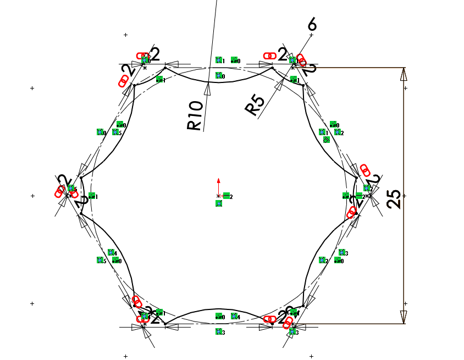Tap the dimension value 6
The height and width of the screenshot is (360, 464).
[x=312, y=24]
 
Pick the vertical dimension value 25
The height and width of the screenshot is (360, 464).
[x=394, y=196]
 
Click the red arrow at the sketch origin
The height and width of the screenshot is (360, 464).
[x=219, y=181]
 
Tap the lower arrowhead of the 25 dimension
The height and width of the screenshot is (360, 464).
[x=404, y=317]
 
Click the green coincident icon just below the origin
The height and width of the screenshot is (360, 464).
[x=219, y=203]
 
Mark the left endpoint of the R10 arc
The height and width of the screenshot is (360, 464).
[x=165, y=68]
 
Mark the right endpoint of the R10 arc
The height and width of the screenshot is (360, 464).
[x=273, y=68]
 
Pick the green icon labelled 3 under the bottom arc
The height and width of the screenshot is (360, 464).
[x=219, y=332]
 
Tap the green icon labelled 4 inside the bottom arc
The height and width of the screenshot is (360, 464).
[x=235, y=317]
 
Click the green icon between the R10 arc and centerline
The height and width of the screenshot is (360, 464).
[x=219, y=76]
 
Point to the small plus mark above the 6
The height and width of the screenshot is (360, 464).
[x=312, y=35]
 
